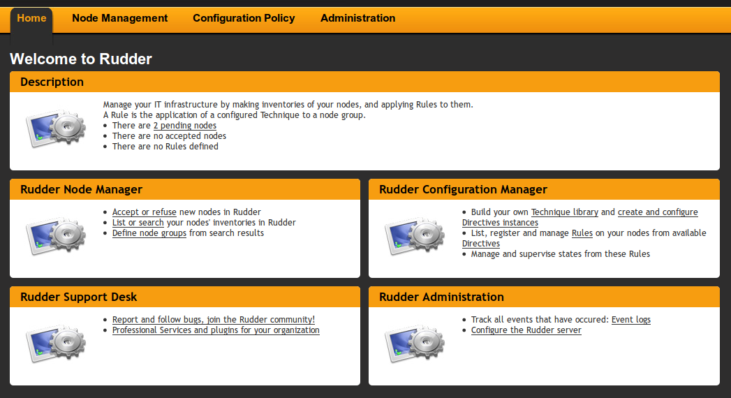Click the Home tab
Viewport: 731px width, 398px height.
tap(31, 18)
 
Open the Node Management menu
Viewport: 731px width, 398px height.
tap(119, 18)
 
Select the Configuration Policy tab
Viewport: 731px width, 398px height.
tap(244, 18)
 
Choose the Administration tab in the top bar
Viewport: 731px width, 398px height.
tap(357, 18)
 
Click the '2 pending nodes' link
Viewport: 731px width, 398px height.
tap(184, 126)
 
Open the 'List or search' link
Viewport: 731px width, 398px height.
tap(138, 223)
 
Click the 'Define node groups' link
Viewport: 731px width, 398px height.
tap(149, 233)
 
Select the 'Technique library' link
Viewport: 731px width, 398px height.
tap(564, 212)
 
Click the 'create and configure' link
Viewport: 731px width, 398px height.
tap(657, 212)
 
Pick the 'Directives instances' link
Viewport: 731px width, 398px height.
tap(500, 223)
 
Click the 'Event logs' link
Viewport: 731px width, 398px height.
tap(630, 320)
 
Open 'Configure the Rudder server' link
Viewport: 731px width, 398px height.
tap(526, 330)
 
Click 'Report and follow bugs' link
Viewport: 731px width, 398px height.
tap(213, 320)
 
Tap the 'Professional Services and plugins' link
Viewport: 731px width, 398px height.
tap(216, 330)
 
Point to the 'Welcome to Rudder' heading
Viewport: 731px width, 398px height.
tap(81, 59)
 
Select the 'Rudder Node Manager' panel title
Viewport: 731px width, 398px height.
tap(81, 189)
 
